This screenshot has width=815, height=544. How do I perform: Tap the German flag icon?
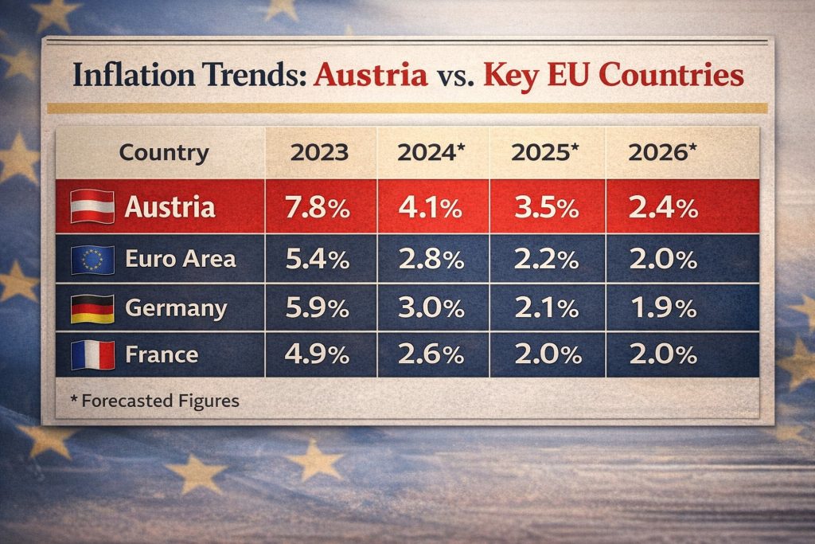click(92, 308)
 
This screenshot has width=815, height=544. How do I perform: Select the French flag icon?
click(92, 355)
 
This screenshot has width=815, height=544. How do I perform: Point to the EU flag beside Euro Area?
click(92, 259)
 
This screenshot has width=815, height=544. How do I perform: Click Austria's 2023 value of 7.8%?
click(318, 209)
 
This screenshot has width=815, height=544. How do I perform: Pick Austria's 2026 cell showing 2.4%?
click(663, 209)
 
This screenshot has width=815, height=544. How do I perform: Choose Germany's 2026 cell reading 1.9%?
click(663, 308)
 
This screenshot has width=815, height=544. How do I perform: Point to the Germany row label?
click(176, 308)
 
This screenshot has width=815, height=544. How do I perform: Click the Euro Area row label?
click(180, 259)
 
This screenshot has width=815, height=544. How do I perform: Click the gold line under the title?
click(407, 108)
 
